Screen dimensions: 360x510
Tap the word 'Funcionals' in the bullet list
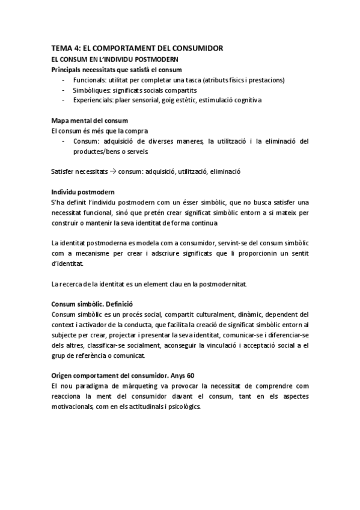click(x=88, y=79)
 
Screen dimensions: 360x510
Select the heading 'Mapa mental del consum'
click(x=90, y=121)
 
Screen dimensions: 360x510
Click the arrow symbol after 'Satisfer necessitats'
click(x=113, y=171)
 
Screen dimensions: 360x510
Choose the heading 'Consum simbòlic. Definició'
click(x=92, y=304)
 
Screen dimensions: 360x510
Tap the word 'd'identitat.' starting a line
click(x=69, y=263)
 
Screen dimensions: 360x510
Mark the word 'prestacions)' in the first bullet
click(x=269, y=79)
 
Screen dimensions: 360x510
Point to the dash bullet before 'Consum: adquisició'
click(x=63, y=141)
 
